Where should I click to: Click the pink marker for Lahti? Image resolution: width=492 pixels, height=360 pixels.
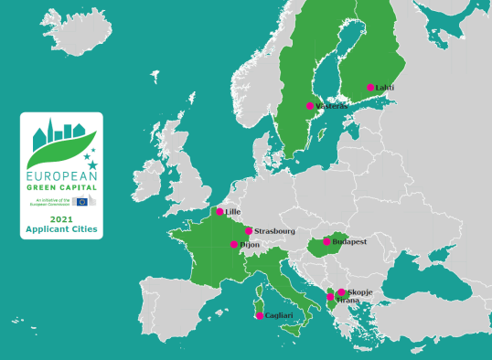click(x=370, y=88)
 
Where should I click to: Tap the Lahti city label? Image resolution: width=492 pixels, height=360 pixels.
click(x=384, y=88)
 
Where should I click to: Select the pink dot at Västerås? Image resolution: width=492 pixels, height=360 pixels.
click(x=310, y=106)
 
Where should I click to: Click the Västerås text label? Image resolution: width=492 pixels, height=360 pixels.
click(x=332, y=106)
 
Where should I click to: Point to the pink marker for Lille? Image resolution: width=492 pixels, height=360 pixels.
click(x=219, y=212)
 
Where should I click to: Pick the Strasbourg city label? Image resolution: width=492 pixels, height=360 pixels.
click(x=274, y=231)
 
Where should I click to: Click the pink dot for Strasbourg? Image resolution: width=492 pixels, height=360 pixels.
click(x=249, y=231)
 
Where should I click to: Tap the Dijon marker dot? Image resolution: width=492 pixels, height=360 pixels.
click(x=234, y=245)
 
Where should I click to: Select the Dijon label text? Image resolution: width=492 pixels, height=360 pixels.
click(x=250, y=245)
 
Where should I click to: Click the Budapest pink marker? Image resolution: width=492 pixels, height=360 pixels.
click(x=326, y=242)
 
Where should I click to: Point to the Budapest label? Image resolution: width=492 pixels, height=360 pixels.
click(x=349, y=242)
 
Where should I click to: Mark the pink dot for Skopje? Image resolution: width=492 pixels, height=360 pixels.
click(x=341, y=292)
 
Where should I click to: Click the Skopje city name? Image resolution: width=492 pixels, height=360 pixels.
click(x=359, y=291)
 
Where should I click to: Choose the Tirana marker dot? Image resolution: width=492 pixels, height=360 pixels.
click(x=330, y=298)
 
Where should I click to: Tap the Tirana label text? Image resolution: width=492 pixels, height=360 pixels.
click(x=348, y=300)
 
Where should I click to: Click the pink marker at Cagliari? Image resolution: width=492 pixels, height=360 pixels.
click(x=260, y=316)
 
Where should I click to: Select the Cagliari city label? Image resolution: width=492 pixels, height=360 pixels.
click(x=280, y=316)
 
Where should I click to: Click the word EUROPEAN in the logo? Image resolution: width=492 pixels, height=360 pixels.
click(x=61, y=173)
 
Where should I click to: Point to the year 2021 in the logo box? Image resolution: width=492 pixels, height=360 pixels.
click(x=62, y=220)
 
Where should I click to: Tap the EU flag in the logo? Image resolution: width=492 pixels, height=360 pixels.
click(x=82, y=201)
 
